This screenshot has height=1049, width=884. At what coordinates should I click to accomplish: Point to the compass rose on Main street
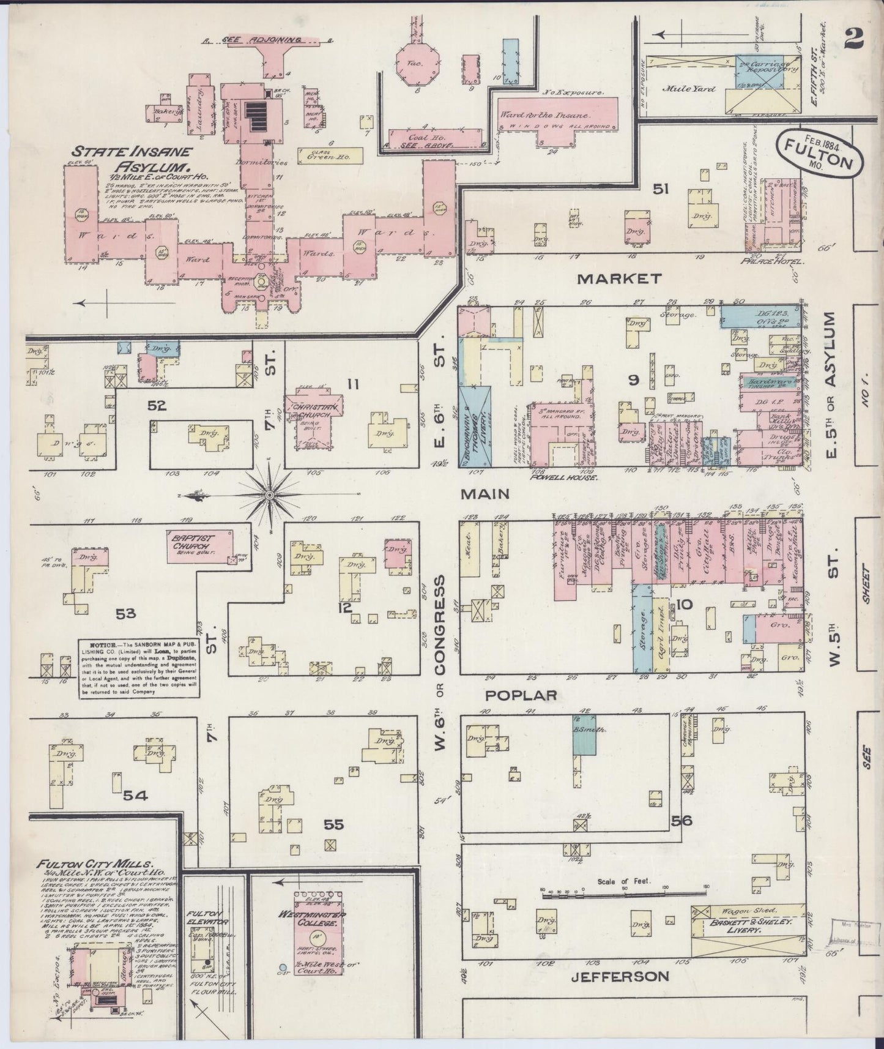click(269, 493)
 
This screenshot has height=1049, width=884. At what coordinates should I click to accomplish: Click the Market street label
click(619, 278)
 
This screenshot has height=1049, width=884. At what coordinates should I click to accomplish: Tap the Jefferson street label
click(619, 976)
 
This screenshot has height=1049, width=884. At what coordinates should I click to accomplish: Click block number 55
click(333, 825)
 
